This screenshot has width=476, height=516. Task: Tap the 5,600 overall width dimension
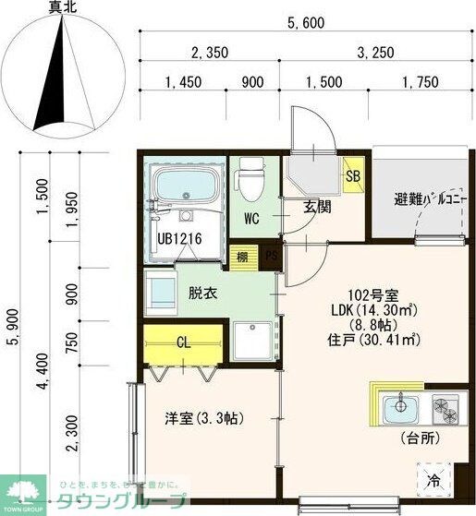(x=305, y=24)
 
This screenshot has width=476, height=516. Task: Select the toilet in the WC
(x=250, y=178)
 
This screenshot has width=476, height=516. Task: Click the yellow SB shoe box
(x=353, y=175)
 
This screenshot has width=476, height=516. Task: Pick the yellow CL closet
(x=183, y=342)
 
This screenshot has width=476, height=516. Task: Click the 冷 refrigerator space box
(x=433, y=480)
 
